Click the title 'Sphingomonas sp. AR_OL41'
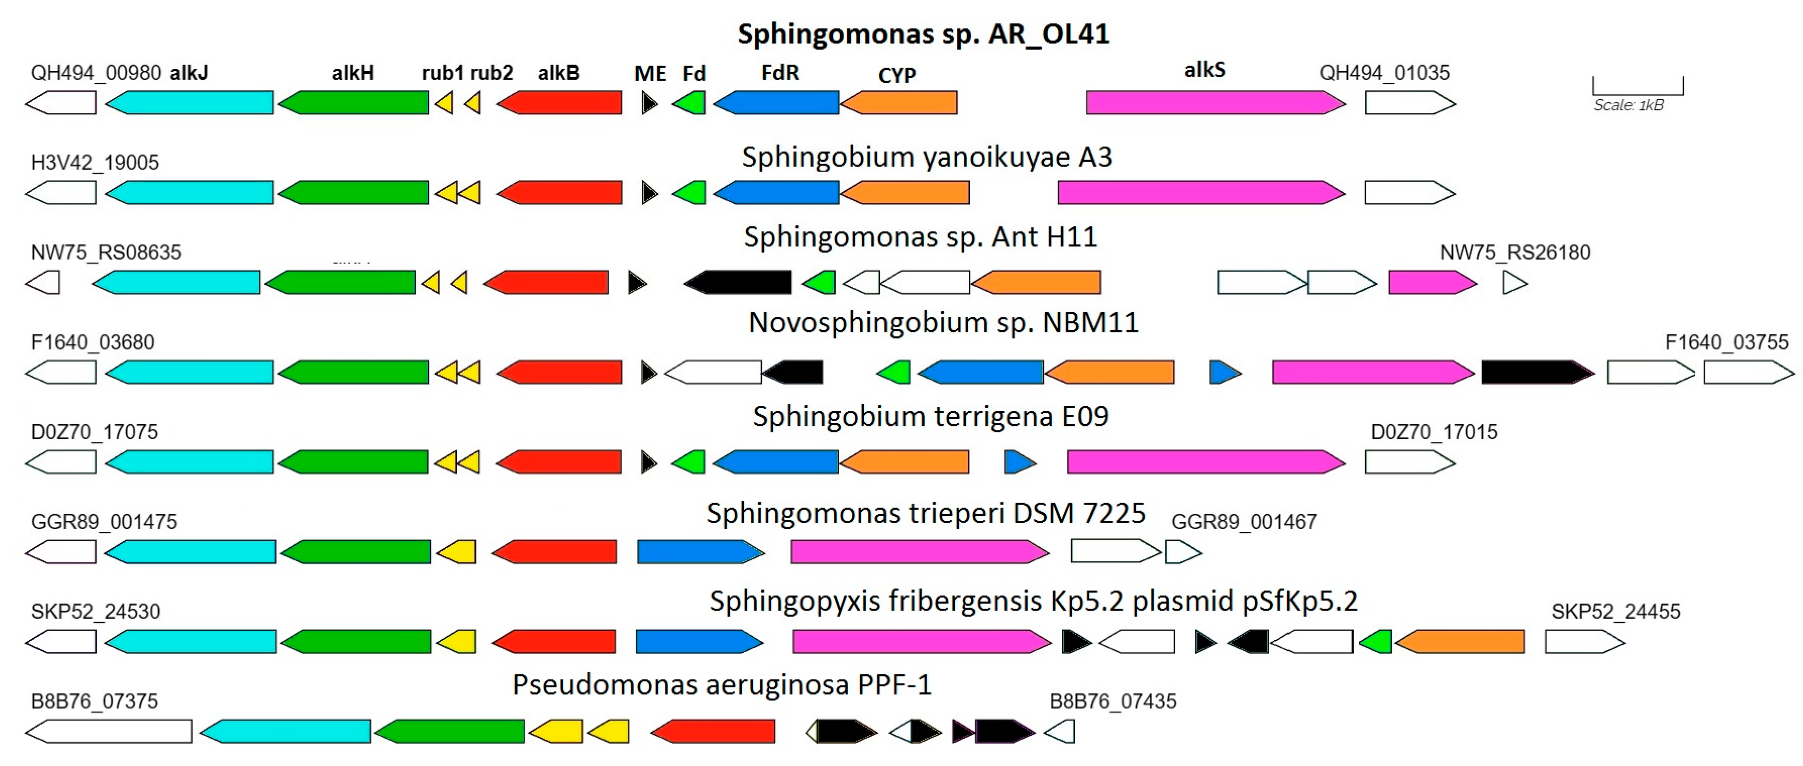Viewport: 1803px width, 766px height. pos(923,34)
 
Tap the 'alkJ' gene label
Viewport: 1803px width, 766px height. pos(189,73)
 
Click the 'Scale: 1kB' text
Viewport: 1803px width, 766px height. pos(1629,106)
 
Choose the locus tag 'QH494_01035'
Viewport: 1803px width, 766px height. pos(1384,73)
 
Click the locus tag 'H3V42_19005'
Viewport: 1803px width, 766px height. pos(95,163)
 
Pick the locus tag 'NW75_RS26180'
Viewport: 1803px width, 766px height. pos(1515,252)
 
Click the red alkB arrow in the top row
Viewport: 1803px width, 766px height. pos(559,103)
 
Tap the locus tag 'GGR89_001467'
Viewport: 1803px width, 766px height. pos(1244,522)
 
